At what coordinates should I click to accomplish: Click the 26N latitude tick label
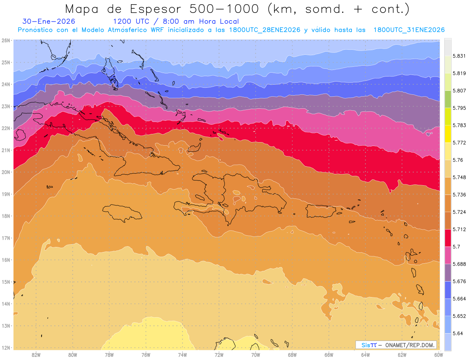click(6, 40)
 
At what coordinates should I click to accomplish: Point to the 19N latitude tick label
click(6, 194)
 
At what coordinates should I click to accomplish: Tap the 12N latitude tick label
click(6, 348)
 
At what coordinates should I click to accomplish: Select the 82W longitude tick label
click(36, 355)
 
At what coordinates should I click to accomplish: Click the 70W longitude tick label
click(256, 355)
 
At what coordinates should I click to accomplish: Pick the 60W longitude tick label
click(438, 355)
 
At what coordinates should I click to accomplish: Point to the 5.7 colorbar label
click(457, 247)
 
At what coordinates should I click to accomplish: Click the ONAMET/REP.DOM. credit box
click(396, 345)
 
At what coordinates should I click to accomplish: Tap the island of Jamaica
click(122, 213)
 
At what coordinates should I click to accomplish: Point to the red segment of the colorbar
click(448, 238)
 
